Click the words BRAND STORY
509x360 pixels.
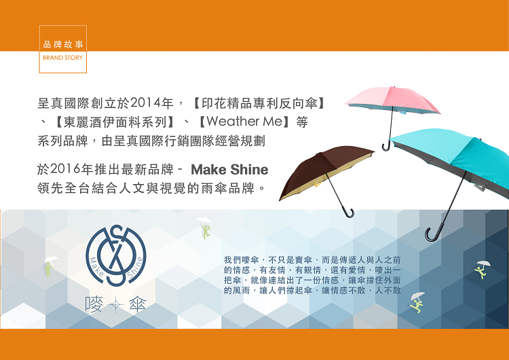coord(62,58)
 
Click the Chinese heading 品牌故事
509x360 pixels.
coord(63,44)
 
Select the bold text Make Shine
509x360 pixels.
coord(229,169)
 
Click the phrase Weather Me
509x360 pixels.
coord(244,122)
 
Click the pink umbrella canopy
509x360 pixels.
coord(393,99)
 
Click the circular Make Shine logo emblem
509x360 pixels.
coord(116,255)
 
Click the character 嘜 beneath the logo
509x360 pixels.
coord(94,305)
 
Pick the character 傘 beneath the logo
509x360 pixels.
coord(138,305)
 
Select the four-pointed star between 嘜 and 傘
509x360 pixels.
coord(116,305)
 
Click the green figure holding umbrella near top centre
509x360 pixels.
coord(204,228)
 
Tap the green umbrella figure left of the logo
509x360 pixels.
coord(50,266)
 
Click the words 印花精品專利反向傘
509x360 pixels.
coord(259,103)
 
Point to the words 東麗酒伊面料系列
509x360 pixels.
coord(114,122)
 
